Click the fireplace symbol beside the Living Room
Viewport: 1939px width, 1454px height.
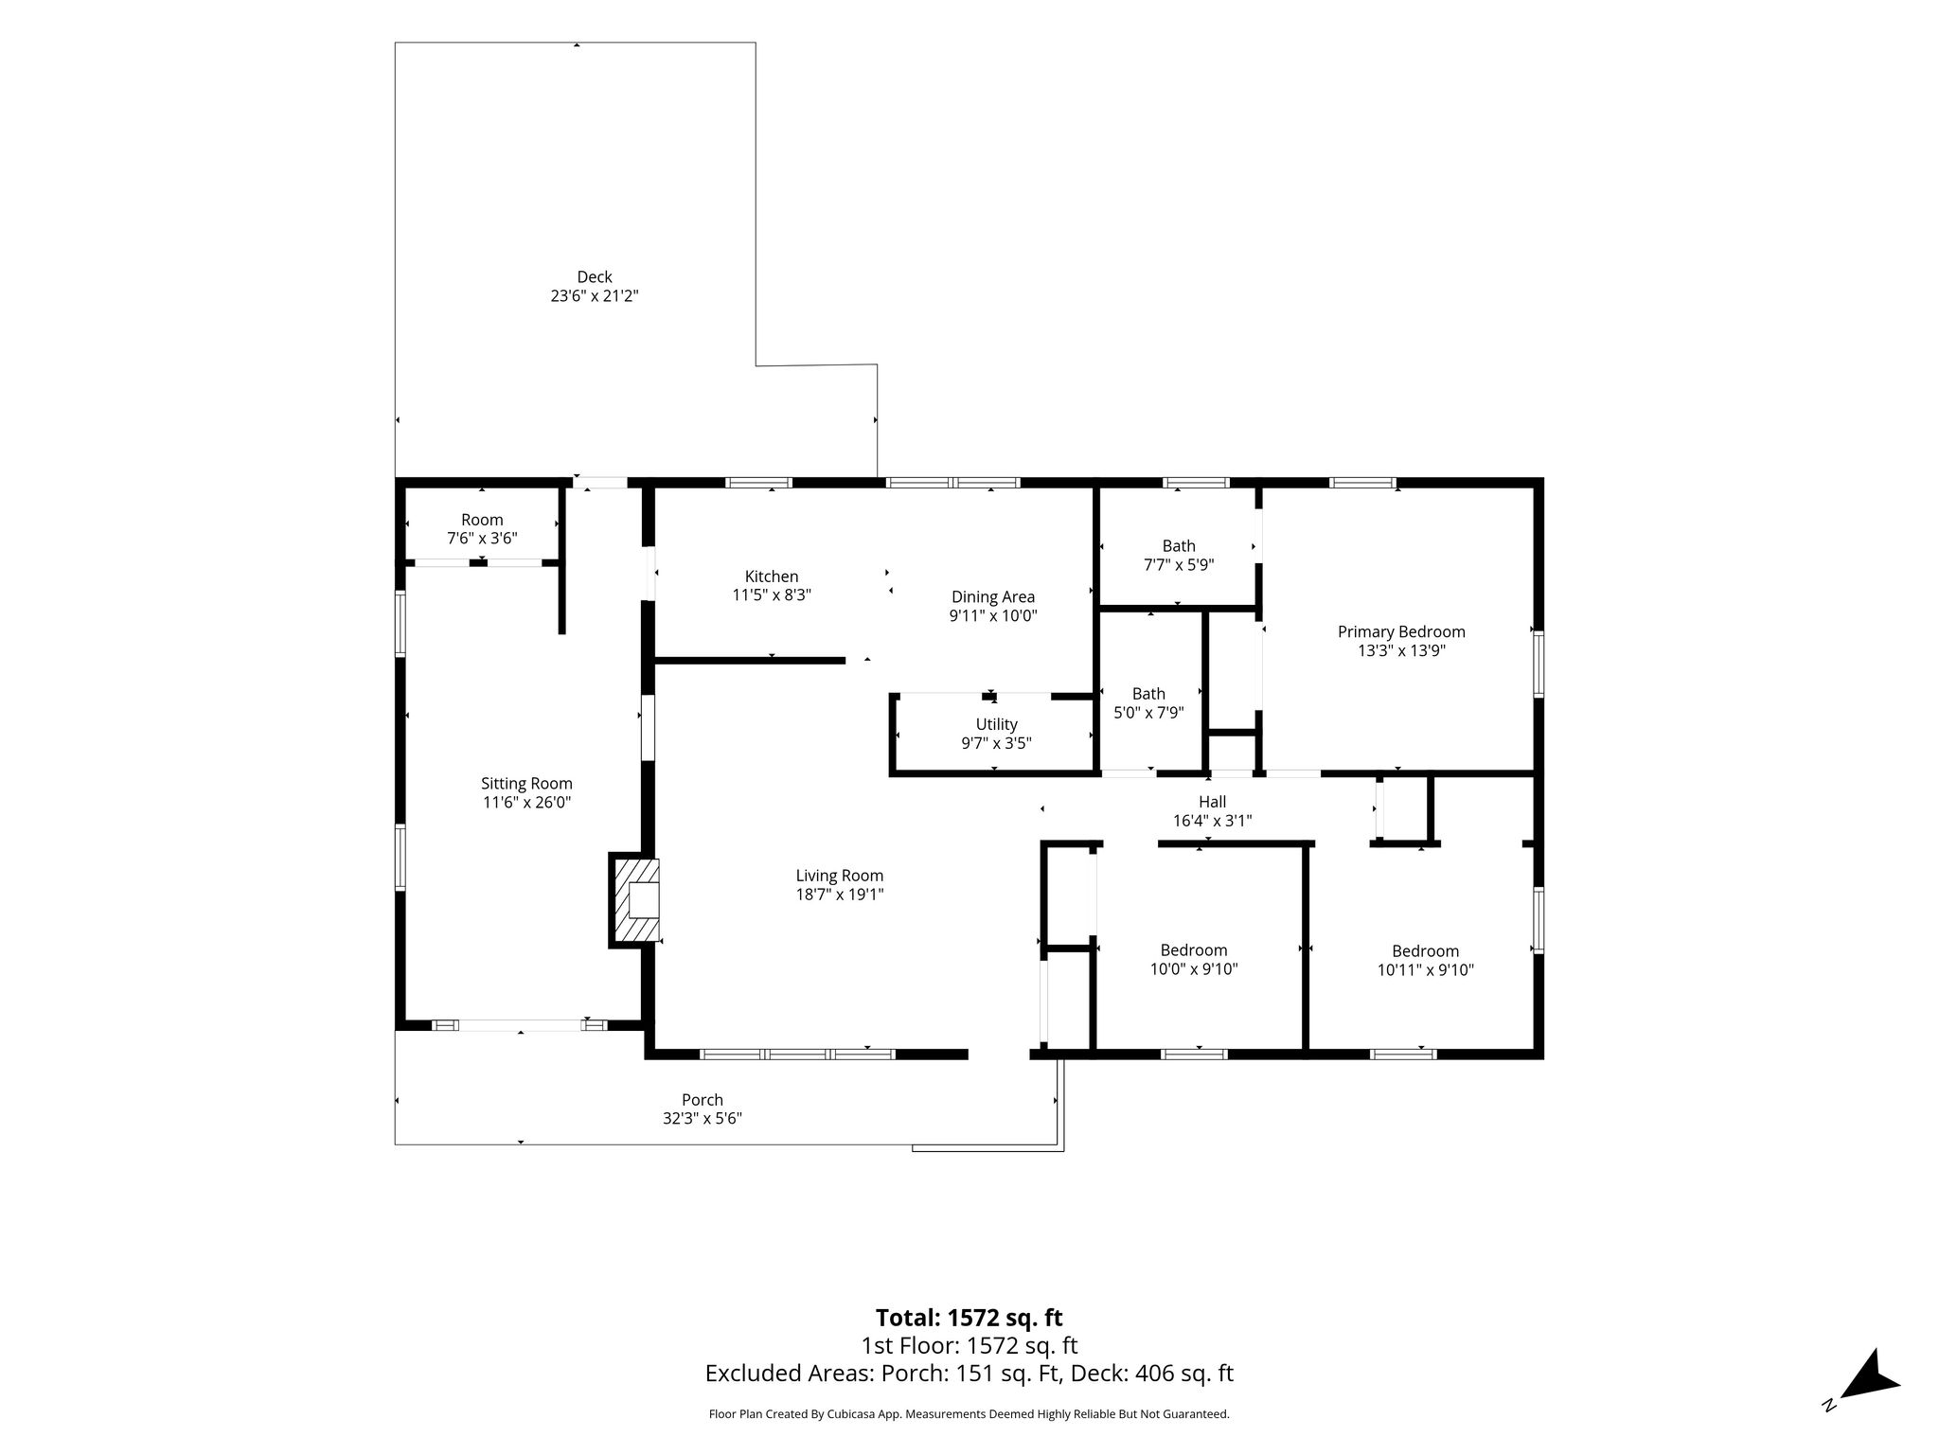click(634, 900)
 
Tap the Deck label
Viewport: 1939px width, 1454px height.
click(595, 277)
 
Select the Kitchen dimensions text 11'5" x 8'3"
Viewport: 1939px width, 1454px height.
click(772, 595)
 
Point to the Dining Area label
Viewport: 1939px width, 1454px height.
click(993, 597)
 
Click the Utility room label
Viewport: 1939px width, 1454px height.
click(996, 725)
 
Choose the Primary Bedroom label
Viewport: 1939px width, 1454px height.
click(1401, 632)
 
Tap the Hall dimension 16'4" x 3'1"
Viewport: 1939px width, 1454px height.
click(1213, 822)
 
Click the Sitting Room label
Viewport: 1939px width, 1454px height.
click(526, 784)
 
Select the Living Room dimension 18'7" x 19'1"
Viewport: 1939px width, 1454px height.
click(840, 895)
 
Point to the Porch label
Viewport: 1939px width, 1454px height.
click(703, 1100)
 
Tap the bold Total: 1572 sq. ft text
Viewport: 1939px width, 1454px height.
click(969, 1318)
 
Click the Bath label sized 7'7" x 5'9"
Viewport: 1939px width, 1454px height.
click(1179, 546)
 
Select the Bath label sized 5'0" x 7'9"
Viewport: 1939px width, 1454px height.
click(1148, 694)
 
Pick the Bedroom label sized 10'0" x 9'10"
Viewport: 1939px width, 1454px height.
click(1194, 950)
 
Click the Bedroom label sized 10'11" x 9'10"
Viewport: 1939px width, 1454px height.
click(1425, 951)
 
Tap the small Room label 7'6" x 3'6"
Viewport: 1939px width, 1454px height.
click(482, 520)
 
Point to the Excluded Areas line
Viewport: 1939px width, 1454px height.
click(969, 1374)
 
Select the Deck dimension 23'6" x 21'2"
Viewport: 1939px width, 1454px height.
click(595, 296)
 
